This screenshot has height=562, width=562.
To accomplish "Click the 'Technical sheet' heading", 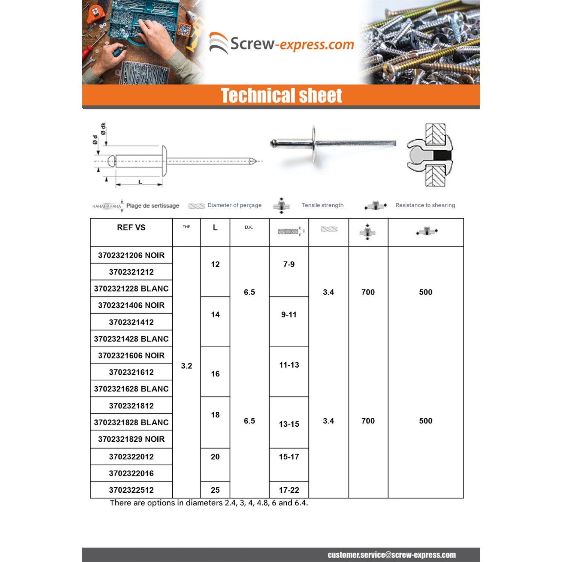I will click(281, 96).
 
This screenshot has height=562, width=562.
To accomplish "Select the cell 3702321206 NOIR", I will click(131, 256).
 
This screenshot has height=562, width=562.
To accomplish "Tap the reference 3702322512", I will click(131, 490).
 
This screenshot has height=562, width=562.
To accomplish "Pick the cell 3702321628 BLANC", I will click(131, 389).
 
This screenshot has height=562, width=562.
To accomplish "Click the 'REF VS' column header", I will click(131, 227).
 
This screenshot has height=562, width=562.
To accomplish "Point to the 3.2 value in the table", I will click(186, 366).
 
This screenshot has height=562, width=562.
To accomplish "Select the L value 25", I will click(215, 490).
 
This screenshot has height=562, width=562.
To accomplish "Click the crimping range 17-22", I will click(289, 490).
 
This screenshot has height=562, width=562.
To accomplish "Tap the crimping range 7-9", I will click(289, 265).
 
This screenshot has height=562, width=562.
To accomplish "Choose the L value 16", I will click(215, 374).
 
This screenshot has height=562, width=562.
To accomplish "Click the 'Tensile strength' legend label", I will click(323, 205).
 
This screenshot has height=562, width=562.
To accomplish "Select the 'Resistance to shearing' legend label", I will click(425, 205).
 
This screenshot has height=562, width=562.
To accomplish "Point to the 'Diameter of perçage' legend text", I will click(235, 205).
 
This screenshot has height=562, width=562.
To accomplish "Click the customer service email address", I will click(392, 555).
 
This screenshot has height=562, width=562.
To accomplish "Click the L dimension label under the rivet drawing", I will click(140, 182).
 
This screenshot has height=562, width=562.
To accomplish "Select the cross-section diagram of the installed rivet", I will click(430, 155).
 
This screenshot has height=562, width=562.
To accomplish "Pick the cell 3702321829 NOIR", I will click(131, 439).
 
